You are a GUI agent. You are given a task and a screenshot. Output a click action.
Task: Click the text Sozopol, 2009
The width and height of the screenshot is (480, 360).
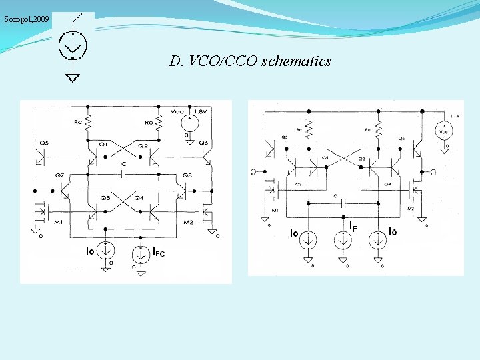click(x=26, y=19)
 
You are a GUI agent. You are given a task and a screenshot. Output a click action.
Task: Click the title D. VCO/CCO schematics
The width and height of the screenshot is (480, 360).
click(x=250, y=62)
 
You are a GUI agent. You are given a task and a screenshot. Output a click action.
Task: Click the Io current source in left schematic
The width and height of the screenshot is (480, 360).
click(x=107, y=251)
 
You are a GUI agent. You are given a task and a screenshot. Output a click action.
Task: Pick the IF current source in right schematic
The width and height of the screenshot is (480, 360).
click(x=343, y=241)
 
